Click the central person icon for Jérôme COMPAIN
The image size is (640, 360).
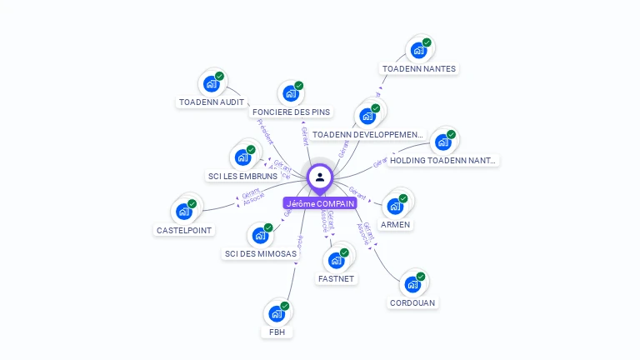(x=320, y=177)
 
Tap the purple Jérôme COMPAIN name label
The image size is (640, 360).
(x=320, y=203)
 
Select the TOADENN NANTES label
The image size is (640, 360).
(x=419, y=68)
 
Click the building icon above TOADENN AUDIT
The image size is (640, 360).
(x=211, y=84)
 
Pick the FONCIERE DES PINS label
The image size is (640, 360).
(x=291, y=112)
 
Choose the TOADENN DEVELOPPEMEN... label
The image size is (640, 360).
(x=367, y=134)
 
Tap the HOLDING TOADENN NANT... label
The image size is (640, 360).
(x=442, y=160)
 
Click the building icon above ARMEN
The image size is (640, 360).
(x=395, y=206)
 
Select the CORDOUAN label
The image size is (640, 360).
(x=412, y=302)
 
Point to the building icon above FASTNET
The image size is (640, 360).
(x=337, y=260)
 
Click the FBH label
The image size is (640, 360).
(x=277, y=332)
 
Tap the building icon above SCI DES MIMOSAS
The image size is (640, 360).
(x=260, y=236)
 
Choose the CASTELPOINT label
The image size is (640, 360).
(x=184, y=230)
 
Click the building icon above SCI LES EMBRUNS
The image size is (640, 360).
(x=242, y=157)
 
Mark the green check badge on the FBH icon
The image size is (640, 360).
(x=285, y=307)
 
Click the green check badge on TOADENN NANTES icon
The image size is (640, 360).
(x=427, y=42)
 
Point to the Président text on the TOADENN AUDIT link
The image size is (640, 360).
(x=265, y=131)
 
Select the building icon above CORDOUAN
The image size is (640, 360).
(x=412, y=285)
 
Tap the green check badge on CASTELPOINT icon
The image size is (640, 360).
(x=192, y=204)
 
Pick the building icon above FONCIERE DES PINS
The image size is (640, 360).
(x=291, y=93)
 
